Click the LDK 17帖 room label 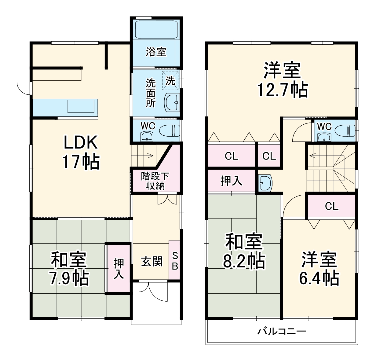coord(81,152)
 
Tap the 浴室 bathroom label coord(156,52)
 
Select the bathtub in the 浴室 coord(156,29)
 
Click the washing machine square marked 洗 coord(170,80)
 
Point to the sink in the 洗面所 coord(172,102)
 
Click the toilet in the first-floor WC coord(170,130)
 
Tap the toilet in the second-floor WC coord(345,130)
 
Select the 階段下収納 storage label coord(155,181)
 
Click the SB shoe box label coord(175,261)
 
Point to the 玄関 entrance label coord(152,261)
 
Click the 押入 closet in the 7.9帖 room coord(119,268)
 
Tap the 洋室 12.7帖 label coord(282,79)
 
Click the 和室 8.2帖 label coord(244,251)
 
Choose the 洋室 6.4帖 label coord(319,268)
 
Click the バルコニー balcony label coord(282,332)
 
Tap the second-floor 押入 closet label coord(231,181)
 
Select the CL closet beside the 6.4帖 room coord(332,206)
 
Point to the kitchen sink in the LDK coord(81,106)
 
